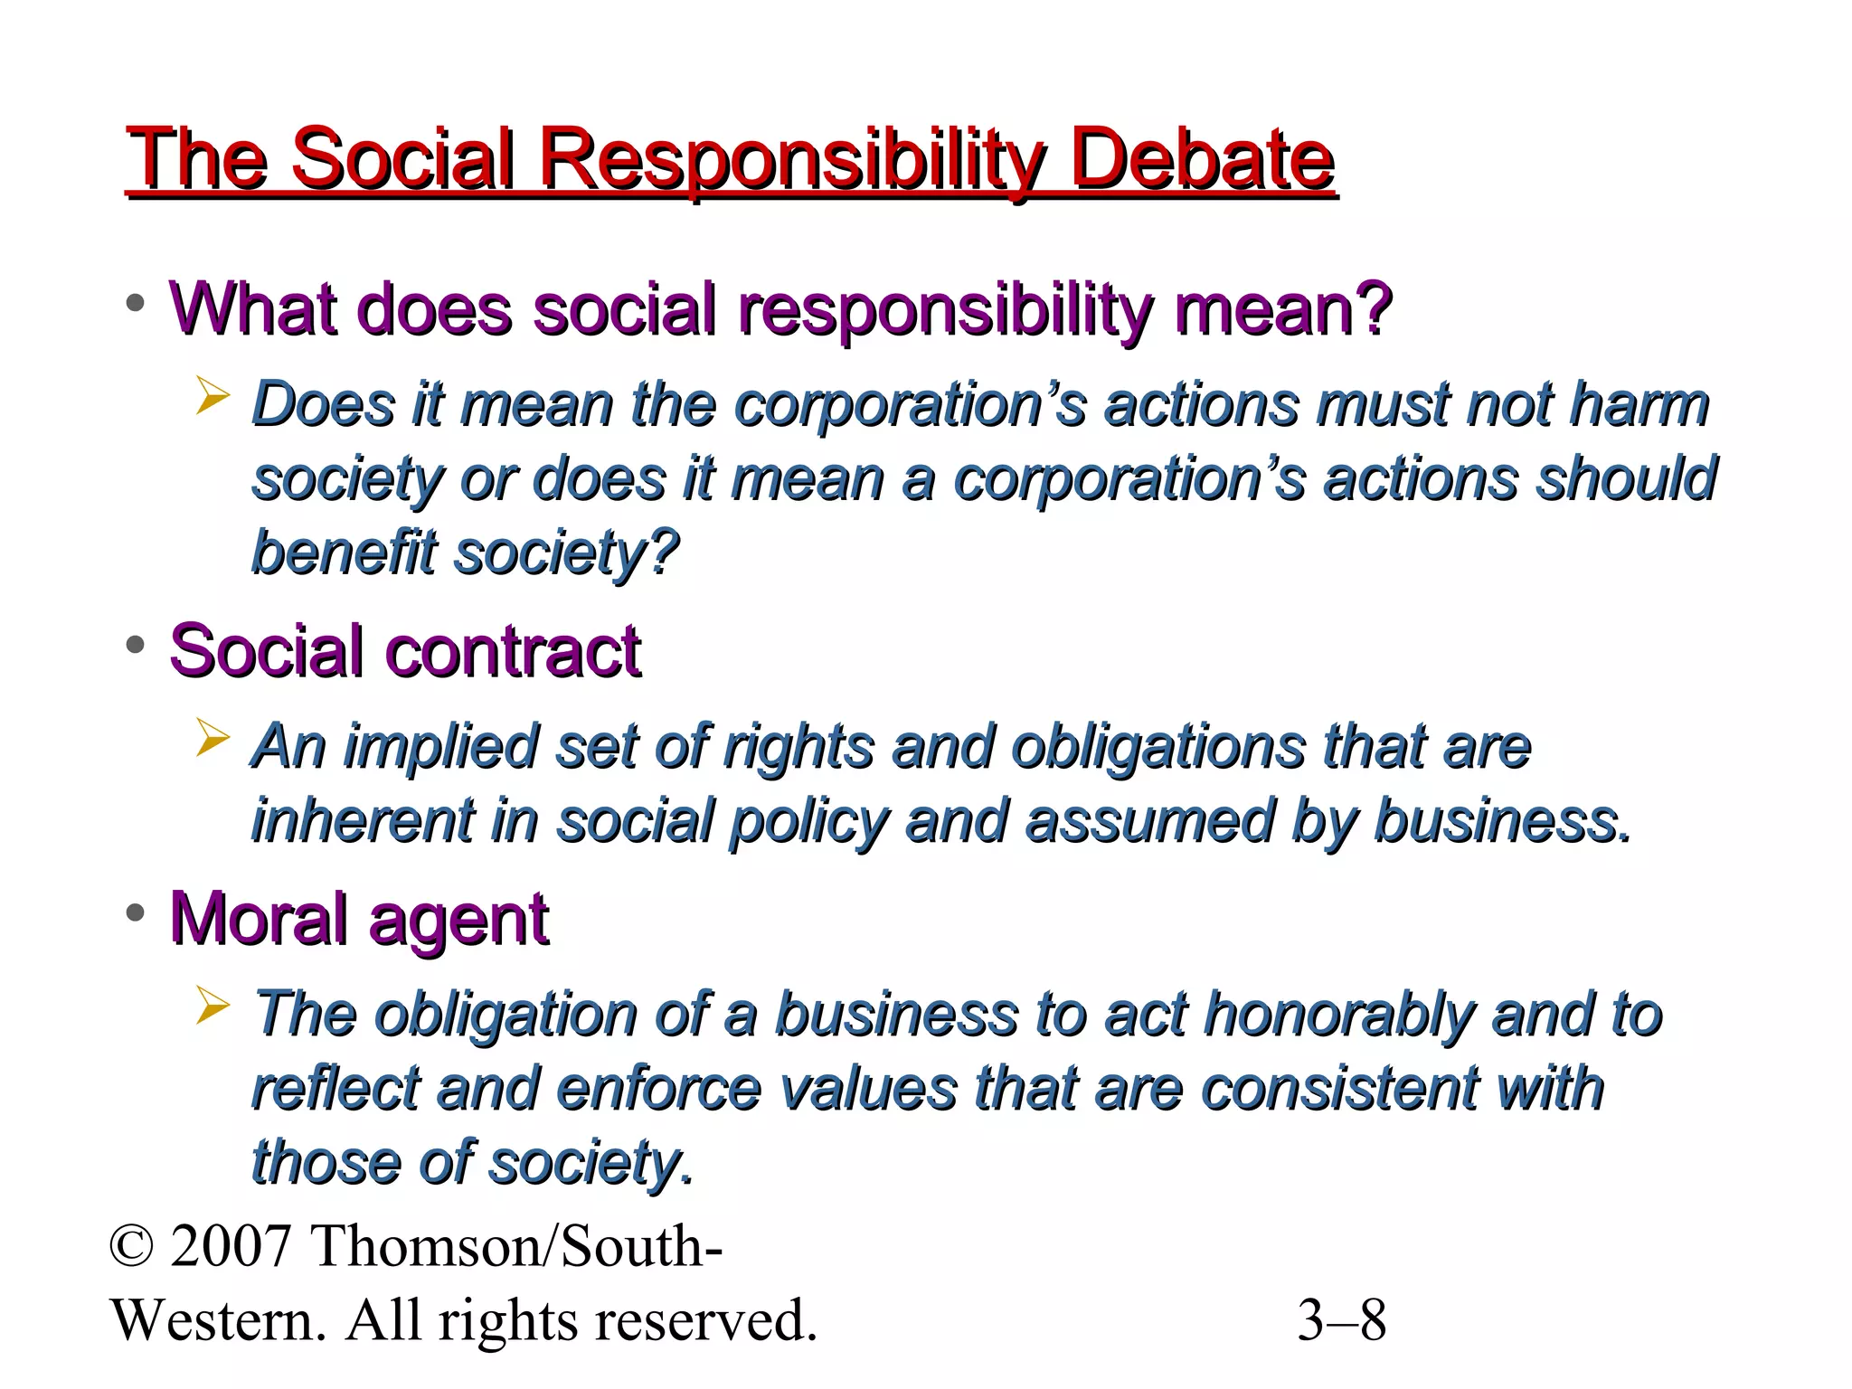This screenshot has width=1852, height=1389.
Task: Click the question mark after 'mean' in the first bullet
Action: pyautogui.click(x=1374, y=309)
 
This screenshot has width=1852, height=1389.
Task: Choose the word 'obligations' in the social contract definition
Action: pyautogui.click(x=1157, y=748)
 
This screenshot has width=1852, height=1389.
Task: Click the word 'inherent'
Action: pyautogui.click(x=362, y=821)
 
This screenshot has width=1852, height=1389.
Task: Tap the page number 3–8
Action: pyautogui.click(x=1341, y=1320)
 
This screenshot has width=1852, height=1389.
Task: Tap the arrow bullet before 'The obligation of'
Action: pyautogui.click(x=213, y=1006)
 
